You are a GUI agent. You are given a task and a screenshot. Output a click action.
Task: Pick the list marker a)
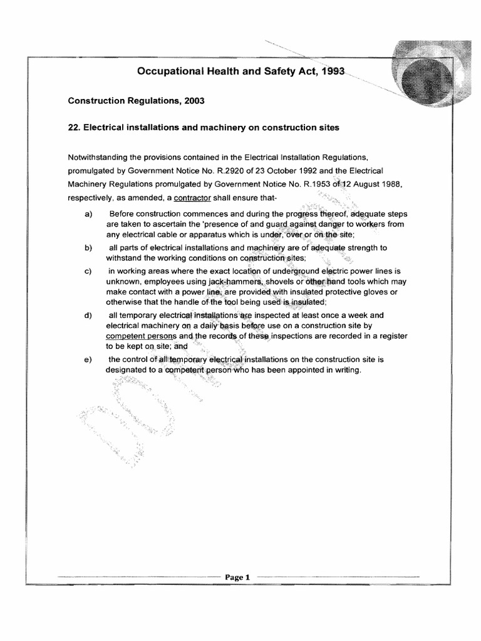[x=88, y=215]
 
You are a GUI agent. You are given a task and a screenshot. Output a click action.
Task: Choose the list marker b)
[x=88, y=249]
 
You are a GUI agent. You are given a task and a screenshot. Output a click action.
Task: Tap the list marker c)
[x=88, y=272]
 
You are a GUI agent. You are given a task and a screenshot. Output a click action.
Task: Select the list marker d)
[x=88, y=315]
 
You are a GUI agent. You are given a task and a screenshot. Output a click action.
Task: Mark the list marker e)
[x=88, y=359]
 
